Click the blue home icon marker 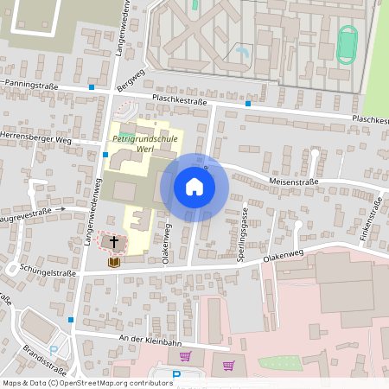pos(194,187)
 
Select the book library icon pos(113,262)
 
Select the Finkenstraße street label pos(377,217)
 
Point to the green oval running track pos(347,43)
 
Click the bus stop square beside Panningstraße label pos(92,87)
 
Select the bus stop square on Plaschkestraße pos(248,104)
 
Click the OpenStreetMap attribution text pos(87,382)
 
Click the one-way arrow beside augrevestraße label pos(62,209)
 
